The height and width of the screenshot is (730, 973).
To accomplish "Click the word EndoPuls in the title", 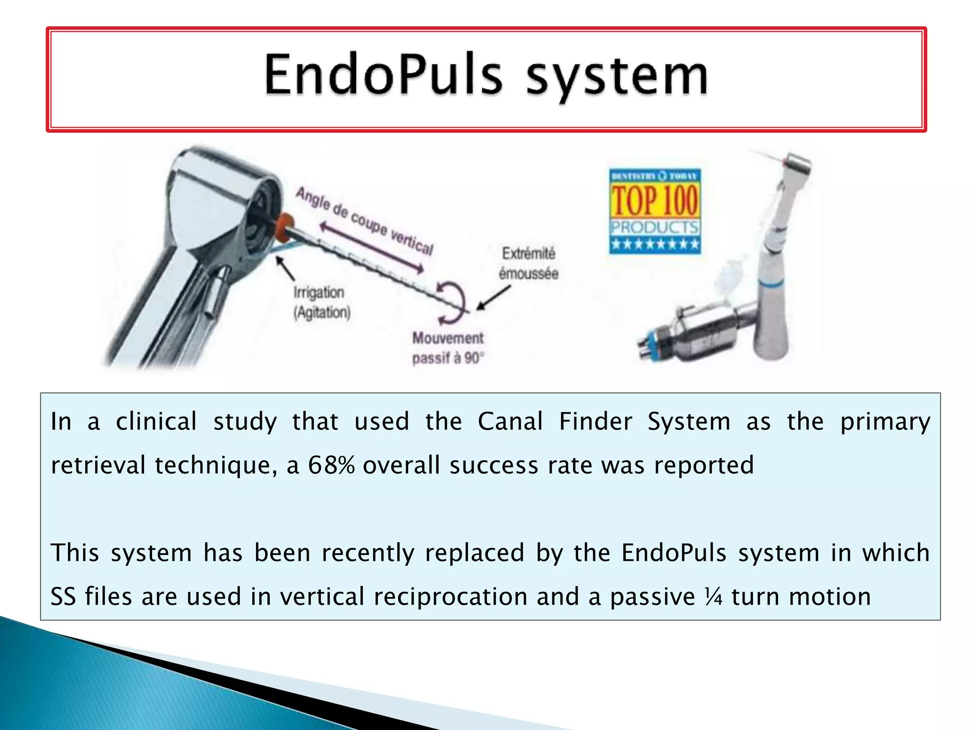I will (x=383, y=76).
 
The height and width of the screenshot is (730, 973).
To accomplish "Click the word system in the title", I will (x=617, y=77).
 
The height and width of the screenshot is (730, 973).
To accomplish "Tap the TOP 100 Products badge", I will (x=655, y=211).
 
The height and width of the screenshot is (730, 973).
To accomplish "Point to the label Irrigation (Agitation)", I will (x=322, y=302).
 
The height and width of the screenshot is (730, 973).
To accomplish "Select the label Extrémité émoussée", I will (x=528, y=263).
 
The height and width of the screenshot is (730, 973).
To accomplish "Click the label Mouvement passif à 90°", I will (x=448, y=348).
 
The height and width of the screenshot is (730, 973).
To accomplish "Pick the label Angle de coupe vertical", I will (x=364, y=221).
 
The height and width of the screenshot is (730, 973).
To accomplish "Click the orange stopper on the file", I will (x=285, y=227).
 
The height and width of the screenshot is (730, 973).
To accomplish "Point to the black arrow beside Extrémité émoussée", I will (x=494, y=298).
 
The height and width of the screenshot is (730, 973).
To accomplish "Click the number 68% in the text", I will (x=331, y=465).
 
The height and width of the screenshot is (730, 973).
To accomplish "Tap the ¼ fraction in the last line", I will (x=713, y=596).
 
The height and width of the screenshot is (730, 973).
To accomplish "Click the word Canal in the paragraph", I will (x=510, y=422).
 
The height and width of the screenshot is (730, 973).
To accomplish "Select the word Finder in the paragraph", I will (x=595, y=422).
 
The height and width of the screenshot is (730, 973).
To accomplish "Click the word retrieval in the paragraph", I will (x=98, y=465).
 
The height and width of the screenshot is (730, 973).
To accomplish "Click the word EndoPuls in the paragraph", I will (x=674, y=553).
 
